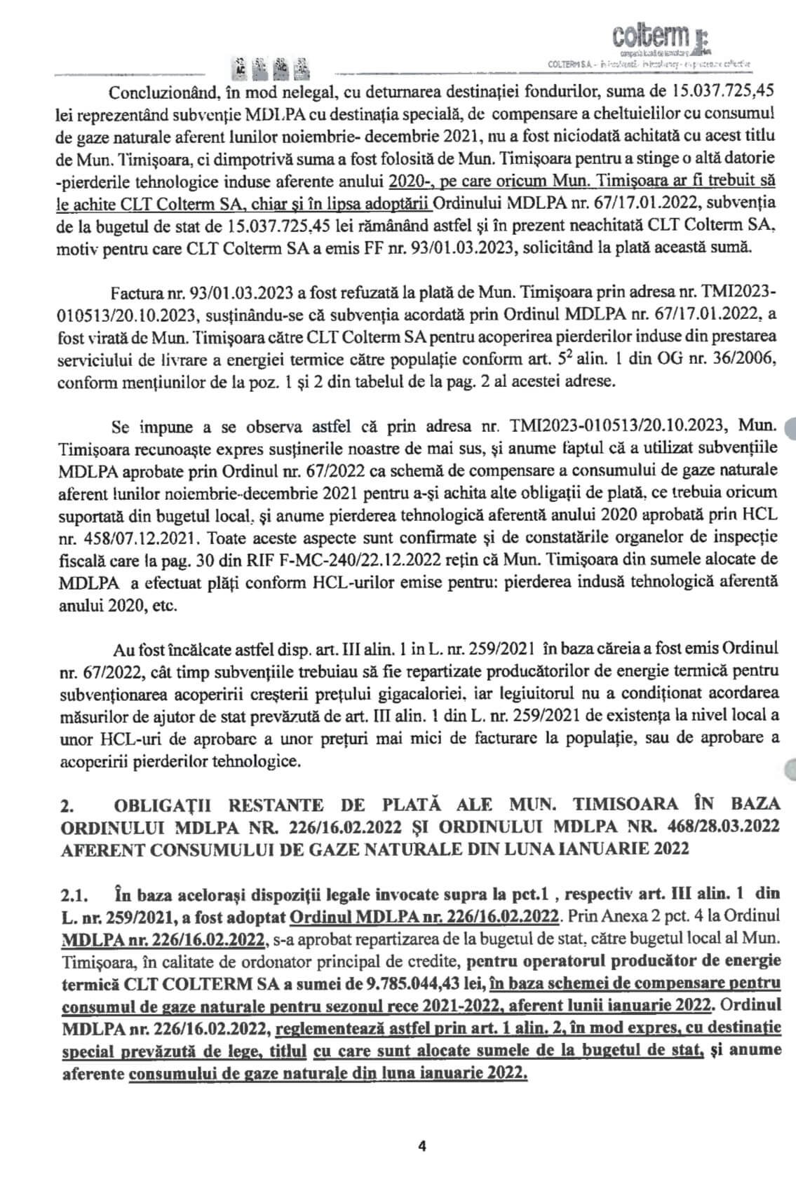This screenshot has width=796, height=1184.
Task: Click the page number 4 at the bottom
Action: pyautogui.click(x=422, y=1148)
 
